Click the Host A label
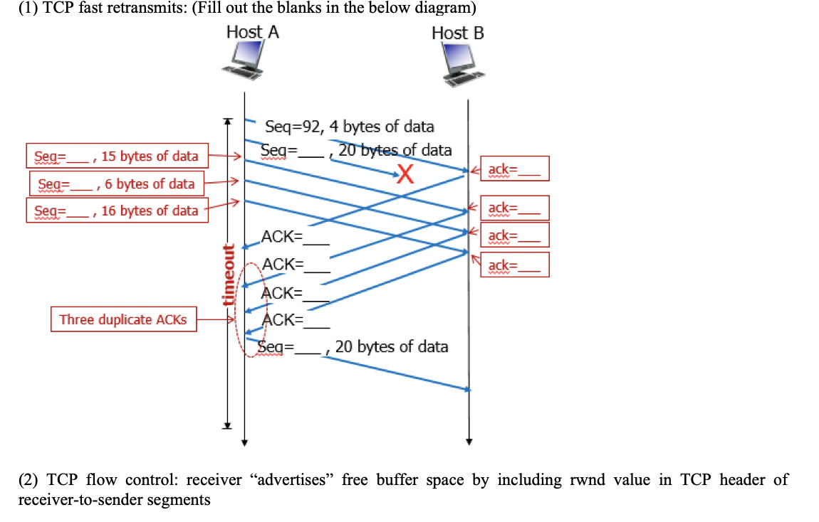tap(252, 32)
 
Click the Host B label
tap(457, 33)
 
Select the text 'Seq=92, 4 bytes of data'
tap(349, 127)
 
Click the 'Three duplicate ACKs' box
tap(124, 319)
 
